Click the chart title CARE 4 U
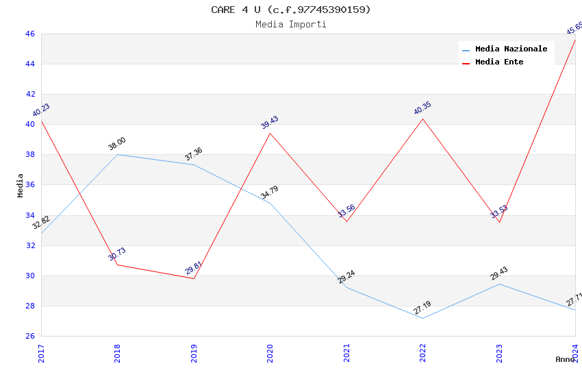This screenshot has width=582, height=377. click(290, 10)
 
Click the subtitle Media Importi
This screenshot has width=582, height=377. click(290, 25)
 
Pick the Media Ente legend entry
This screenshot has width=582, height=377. click(499, 62)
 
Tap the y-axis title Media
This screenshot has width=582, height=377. click(21, 185)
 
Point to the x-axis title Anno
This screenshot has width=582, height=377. click(565, 359)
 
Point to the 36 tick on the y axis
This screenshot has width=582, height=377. click(29, 185)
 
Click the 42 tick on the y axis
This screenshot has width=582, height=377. click(29, 95)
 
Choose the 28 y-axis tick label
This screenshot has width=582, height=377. click(29, 306)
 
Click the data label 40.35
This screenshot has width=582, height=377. click(422, 108)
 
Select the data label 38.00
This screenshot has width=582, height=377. click(117, 144)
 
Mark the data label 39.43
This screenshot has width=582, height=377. click(270, 123)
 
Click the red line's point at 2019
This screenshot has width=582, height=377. click(194, 278)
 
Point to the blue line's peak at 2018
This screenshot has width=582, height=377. click(118, 154)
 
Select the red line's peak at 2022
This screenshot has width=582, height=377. click(422, 119)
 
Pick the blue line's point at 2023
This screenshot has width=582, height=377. click(499, 284)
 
